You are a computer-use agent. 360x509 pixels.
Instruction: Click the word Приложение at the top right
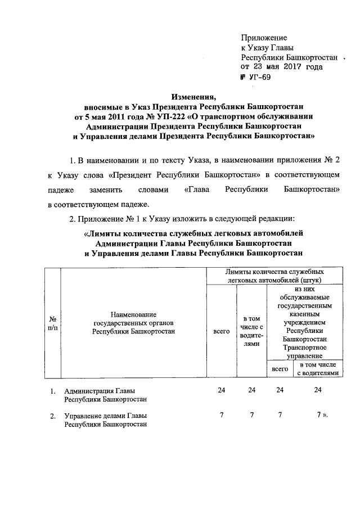(264, 38)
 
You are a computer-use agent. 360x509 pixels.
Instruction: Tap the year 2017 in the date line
(292, 66)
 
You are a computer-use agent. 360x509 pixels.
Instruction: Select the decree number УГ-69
(259, 78)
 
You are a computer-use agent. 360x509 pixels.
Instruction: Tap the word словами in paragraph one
(153, 190)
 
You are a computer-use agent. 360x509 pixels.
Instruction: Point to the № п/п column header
(53, 322)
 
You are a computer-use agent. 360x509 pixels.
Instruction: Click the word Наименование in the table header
(133, 313)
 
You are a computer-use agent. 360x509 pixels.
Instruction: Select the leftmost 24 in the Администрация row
(222, 390)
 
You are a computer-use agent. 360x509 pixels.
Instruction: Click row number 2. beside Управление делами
(52, 416)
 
